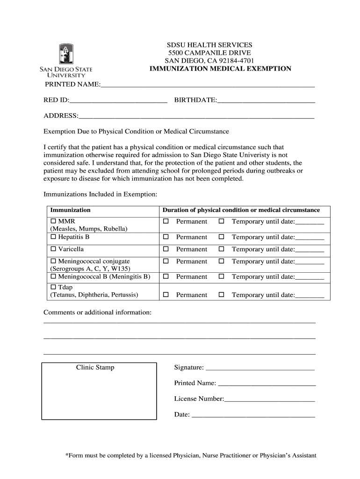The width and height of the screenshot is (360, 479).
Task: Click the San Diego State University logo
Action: coord(65,60)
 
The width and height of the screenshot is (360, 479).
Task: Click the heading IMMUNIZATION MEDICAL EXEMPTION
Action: coord(220,69)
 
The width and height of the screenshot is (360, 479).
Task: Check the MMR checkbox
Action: coord(53,221)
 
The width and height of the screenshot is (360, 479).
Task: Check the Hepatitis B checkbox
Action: coord(53,237)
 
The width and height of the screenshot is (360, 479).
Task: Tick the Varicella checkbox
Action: coord(53,249)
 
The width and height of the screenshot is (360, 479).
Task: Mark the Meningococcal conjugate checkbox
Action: coord(53,261)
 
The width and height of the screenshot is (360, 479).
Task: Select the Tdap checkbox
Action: coord(53,287)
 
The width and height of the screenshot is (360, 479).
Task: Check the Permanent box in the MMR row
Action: coord(165,221)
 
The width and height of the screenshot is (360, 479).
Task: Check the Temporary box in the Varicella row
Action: coord(222,249)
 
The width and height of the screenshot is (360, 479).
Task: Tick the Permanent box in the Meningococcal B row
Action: coord(165,277)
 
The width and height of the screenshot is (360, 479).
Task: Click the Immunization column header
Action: coord(71,210)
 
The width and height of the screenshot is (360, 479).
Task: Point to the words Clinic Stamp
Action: coord(95,368)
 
